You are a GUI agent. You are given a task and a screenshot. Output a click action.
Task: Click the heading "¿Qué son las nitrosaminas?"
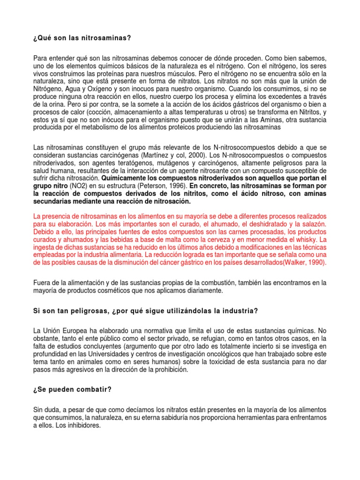tap(79, 37)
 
